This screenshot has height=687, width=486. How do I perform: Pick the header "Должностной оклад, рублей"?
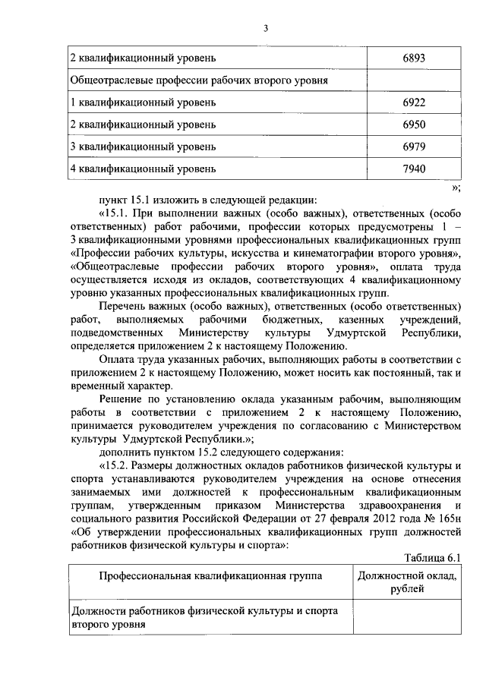[407, 583]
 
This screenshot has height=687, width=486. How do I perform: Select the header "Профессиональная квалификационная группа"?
[210, 576]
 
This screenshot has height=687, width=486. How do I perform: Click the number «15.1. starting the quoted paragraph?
[115, 213]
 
